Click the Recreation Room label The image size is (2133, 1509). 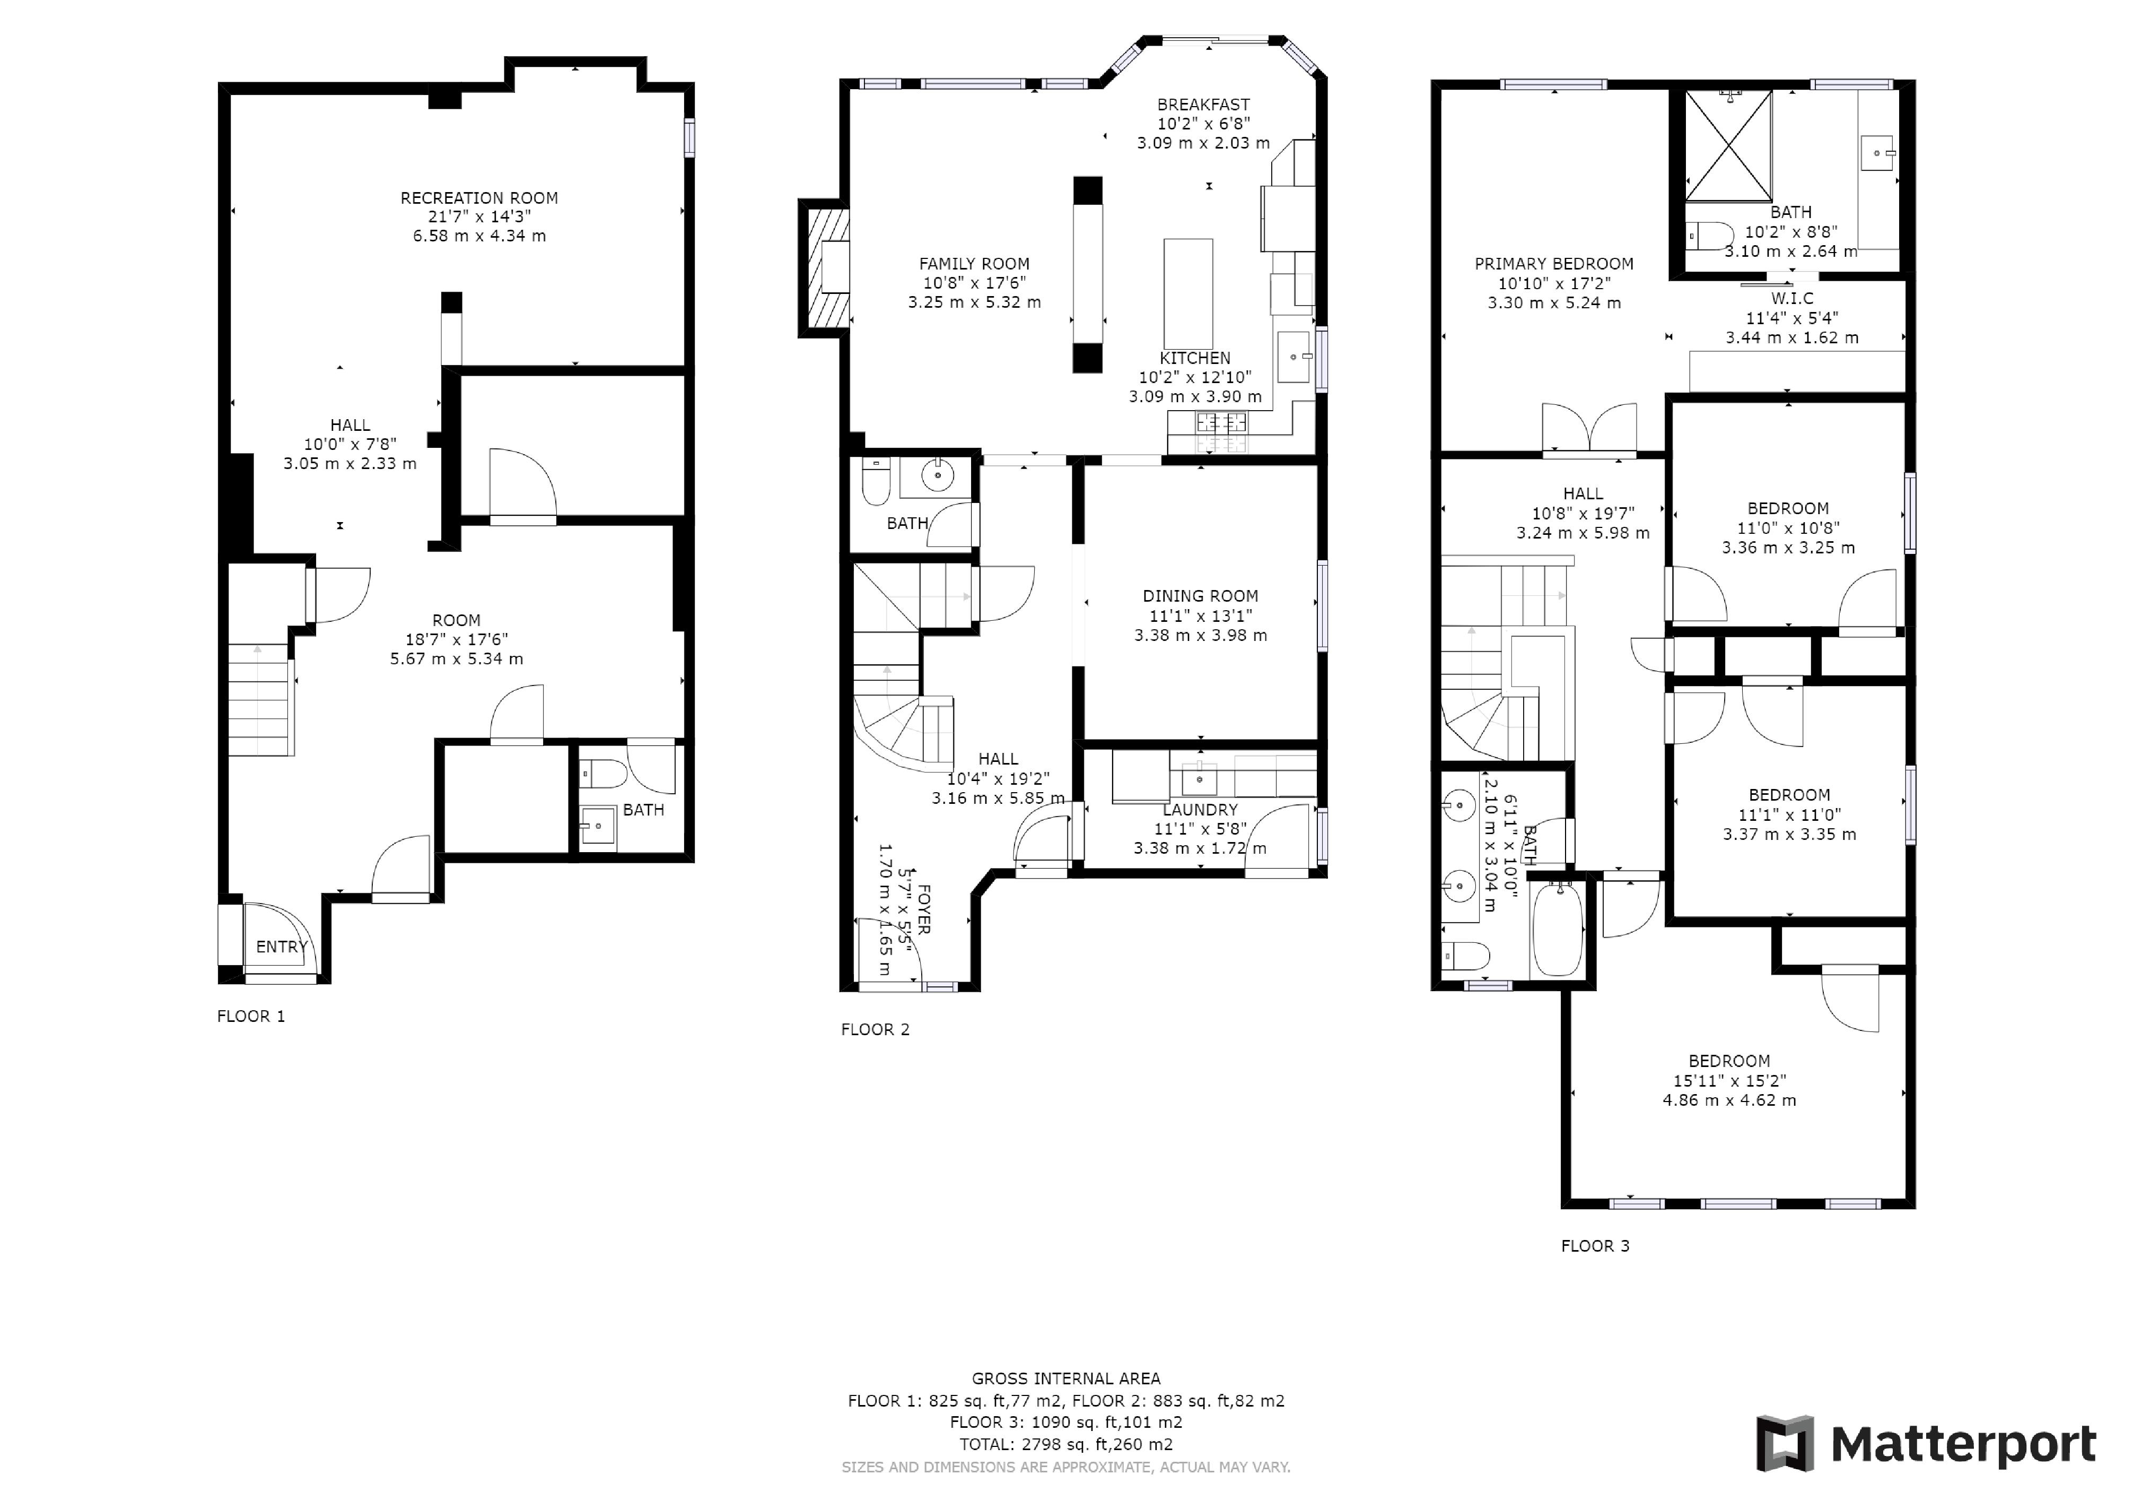click(479, 198)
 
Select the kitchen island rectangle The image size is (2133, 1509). click(1188, 293)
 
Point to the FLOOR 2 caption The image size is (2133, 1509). click(875, 1029)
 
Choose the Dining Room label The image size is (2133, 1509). click(1200, 596)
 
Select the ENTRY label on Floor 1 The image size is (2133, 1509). click(282, 947)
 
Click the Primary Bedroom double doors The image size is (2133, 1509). click(1589, 428)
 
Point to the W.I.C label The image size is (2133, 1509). click(1792, 298)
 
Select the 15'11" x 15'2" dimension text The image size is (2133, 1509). click(1729, 1081)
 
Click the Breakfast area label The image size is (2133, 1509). click(1203, 105)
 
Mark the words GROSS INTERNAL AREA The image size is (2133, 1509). click(1065, 1379)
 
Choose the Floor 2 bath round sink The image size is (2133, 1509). click(938, 476)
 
